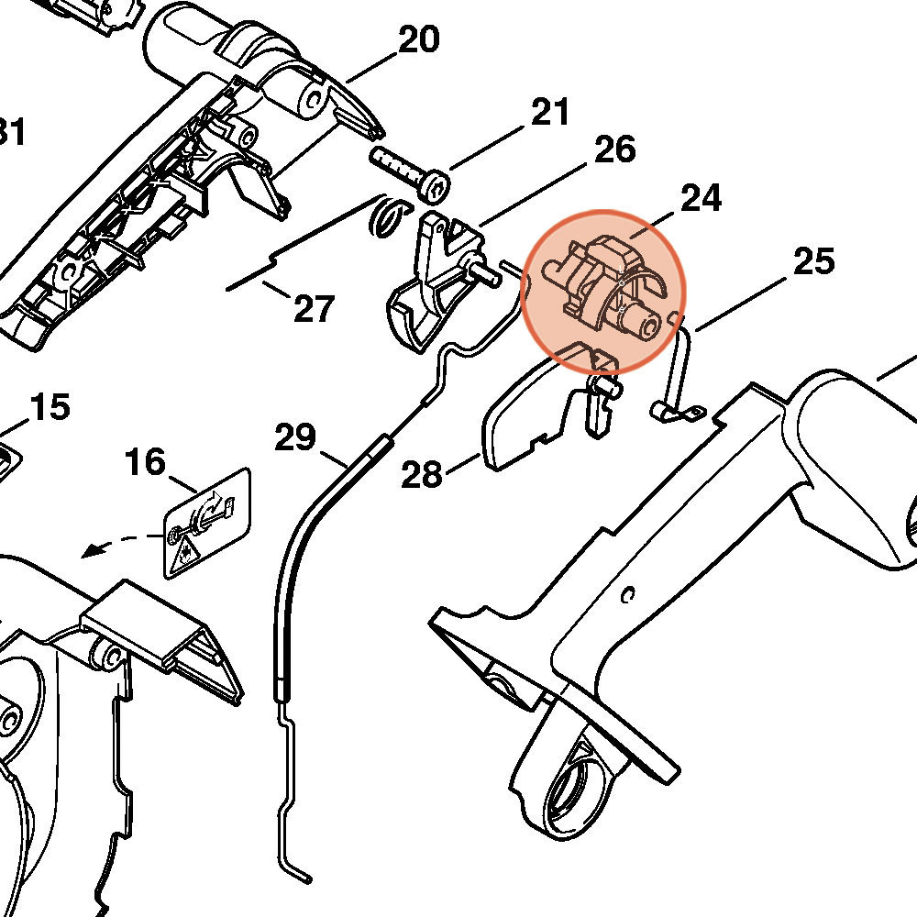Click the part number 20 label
tap(418, 39)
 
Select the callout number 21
tap(549, 113)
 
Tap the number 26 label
tap(614, 149)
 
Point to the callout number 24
tap(701, 197)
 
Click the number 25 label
tap(814, 261)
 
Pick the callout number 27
tap(314, 309)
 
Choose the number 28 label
tap(422, 475)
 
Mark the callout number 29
tap(295, 437)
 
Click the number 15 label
tap(50, 406)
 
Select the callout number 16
tap(146, 461)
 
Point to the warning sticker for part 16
tap(207, 523)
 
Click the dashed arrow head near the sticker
tap(90, 551)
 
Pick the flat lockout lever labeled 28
tap(532, 417)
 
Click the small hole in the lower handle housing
tap(627, 595)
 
